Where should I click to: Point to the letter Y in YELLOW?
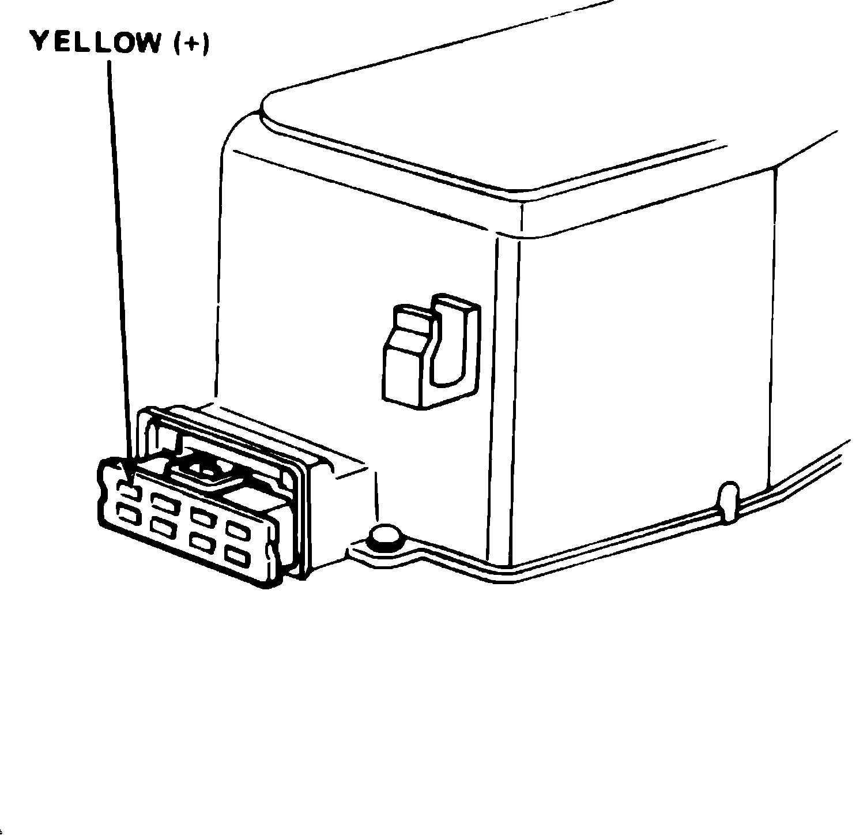[39, 42]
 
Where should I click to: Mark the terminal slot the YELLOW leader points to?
[128, 491]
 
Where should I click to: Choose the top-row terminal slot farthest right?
[238, 531]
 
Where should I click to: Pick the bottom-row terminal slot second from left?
[162, 525]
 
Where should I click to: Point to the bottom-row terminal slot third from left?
[202, 542]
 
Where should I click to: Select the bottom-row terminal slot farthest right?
[237, 556]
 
